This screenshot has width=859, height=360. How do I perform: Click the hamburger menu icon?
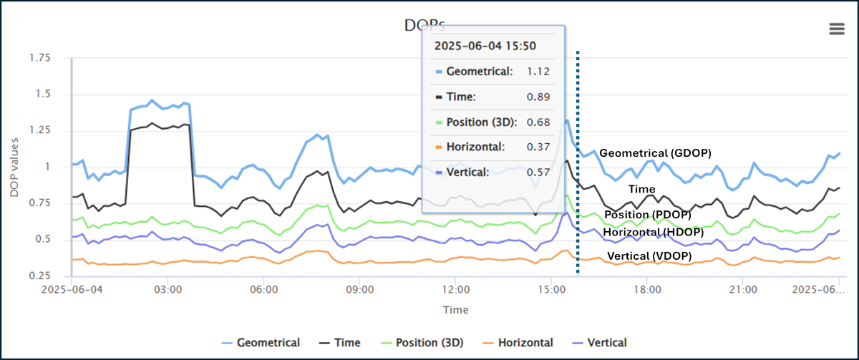point(836,29)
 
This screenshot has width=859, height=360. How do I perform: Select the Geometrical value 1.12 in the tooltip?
point(537,72)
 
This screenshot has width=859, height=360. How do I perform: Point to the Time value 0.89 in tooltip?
point(537,97)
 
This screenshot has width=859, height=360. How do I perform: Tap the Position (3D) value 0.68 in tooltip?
point(537,122)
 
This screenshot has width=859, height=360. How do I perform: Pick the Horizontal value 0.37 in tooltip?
point(537,147)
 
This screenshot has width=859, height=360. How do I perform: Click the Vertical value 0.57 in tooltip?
point(537,172)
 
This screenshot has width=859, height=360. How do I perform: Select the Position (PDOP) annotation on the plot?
point(648,215)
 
